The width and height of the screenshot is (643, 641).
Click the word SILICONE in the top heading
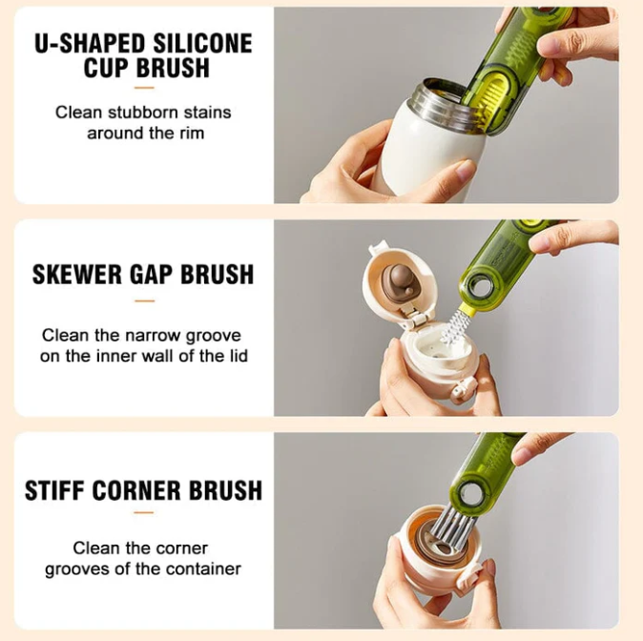[203, 44]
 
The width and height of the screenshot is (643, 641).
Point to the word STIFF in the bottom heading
[54, 490]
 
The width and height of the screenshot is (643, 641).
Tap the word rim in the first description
[192, 134]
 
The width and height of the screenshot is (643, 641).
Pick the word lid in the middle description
[238, 356]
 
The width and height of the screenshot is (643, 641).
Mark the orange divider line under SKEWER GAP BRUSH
[144, 301]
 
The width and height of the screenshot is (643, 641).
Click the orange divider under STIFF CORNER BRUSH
[144, 512]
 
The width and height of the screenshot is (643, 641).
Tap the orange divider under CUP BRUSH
[144, 88]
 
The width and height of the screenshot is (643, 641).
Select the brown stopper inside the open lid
[399, 279]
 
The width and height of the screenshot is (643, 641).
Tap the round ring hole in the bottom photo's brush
[468, 496]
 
